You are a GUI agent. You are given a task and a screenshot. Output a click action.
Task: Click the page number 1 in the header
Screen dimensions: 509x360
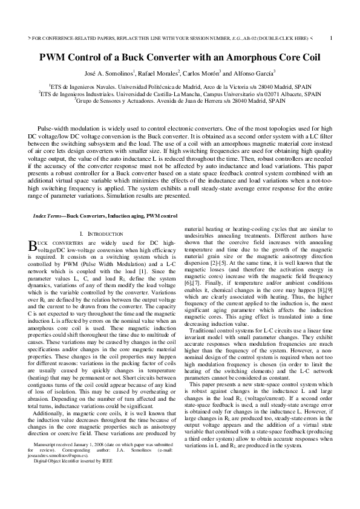(332, 37)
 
